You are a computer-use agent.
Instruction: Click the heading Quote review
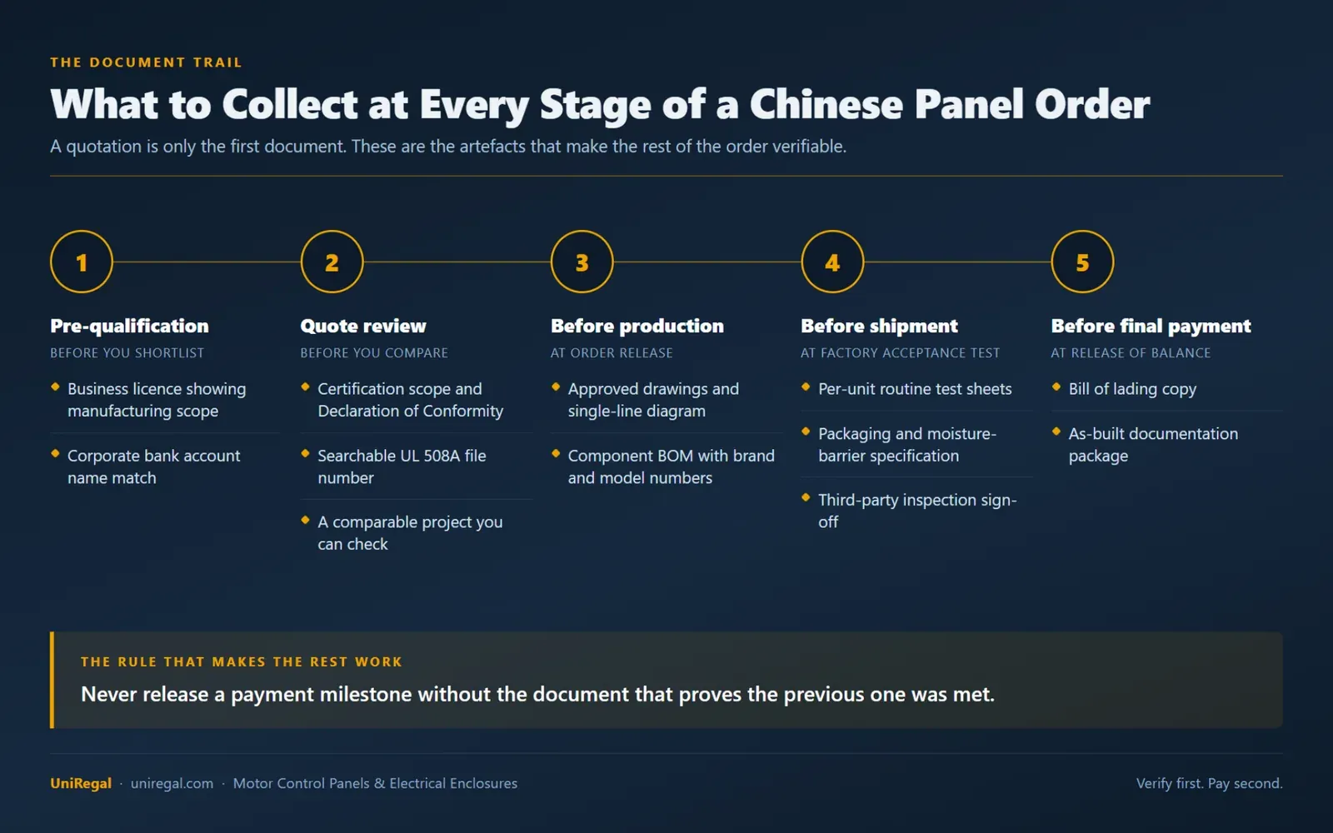pos(363,326)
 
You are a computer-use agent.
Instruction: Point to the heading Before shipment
pos(880,326)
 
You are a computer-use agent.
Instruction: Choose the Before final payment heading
pos(1151,326)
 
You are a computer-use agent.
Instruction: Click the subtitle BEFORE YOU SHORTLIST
pos(127,353)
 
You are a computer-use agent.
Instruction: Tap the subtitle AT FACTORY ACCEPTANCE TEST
pos(900,353)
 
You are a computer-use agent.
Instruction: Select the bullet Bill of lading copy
pos(1132,389)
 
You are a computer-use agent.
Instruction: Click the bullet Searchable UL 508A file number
pos(402,466)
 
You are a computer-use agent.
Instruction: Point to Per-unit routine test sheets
pos(915,389)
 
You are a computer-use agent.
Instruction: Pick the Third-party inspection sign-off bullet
pos(917,511)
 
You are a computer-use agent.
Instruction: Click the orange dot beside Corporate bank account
pos(55,453)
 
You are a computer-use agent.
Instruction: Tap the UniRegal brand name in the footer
pos(81,783)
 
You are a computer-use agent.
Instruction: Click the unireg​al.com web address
pos(172,784)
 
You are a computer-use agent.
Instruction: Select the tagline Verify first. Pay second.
pos(1209,784)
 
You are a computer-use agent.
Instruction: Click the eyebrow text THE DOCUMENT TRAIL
pos(147,62)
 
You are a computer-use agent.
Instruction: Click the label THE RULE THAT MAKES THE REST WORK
pos(242,661)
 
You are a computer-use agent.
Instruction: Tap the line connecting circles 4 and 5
pos(957,262)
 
